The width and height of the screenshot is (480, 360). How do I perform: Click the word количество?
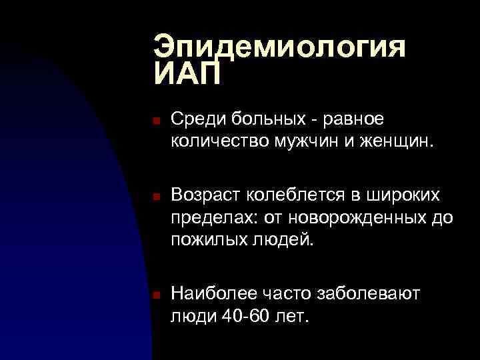click(x=216, y=140)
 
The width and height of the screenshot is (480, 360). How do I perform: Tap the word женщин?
click(x=394, y=140)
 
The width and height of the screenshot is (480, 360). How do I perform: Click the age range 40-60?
click(x=245, y=315)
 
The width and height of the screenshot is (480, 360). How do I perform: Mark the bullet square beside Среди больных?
click(x=153, y=121)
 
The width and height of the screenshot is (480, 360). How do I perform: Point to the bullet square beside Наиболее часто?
click(x=153, y=295)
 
